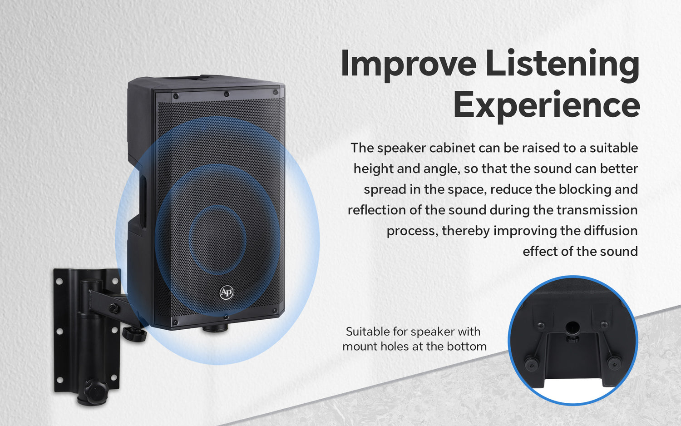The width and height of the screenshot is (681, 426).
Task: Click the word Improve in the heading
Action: coord(408,64)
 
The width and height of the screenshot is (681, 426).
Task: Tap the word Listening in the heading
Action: coord(562,64)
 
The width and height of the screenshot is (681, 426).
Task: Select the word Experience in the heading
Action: coord(546,105)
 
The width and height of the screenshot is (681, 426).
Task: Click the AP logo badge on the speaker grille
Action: coord(227,292)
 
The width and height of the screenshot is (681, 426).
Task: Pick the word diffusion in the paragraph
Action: coord(610,231)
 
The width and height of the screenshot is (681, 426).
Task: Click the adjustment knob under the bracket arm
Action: coord(134,334)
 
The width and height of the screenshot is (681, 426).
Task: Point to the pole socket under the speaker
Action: coord(215,327)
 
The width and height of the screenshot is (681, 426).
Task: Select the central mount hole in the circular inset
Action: coord(573,327)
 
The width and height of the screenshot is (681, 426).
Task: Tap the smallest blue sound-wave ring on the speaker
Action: coord(217,239)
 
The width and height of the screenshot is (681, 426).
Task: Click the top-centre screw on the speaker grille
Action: coord(226,94)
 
